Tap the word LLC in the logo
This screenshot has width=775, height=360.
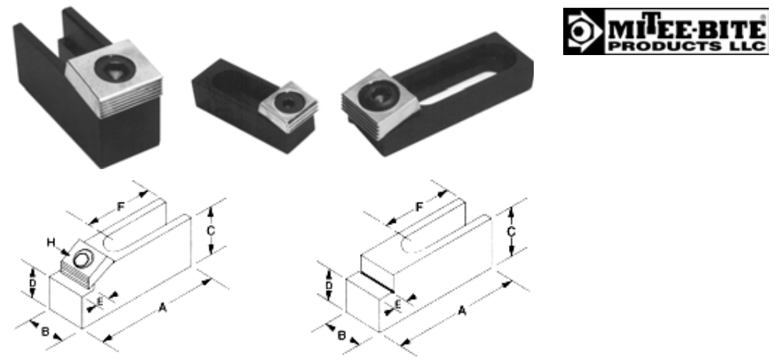point(751,46)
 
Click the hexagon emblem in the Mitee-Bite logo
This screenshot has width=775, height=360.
point(579,31)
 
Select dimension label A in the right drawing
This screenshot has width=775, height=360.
point(462,310)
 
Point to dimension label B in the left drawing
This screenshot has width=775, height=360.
point(44,331)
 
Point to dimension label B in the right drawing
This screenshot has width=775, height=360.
point(341,334)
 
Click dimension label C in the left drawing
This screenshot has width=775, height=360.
point(210,230)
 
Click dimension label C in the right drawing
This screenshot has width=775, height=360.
point(511,231)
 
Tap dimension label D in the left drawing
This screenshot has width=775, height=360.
point(33,283)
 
